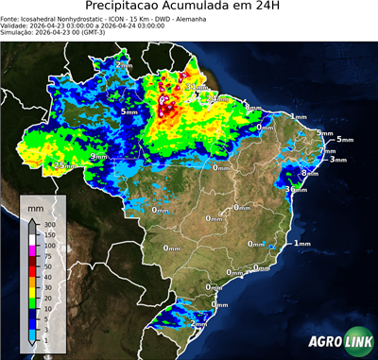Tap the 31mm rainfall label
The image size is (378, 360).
coord(196,87)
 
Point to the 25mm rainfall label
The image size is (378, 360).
coord(62,165)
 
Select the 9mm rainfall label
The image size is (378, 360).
coord(97,156)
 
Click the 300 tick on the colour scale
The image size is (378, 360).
coord(47,224)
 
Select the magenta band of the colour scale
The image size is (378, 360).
coord(32,250)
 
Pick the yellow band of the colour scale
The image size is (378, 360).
coord(32,293)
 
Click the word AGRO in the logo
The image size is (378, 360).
coord(323,342)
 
